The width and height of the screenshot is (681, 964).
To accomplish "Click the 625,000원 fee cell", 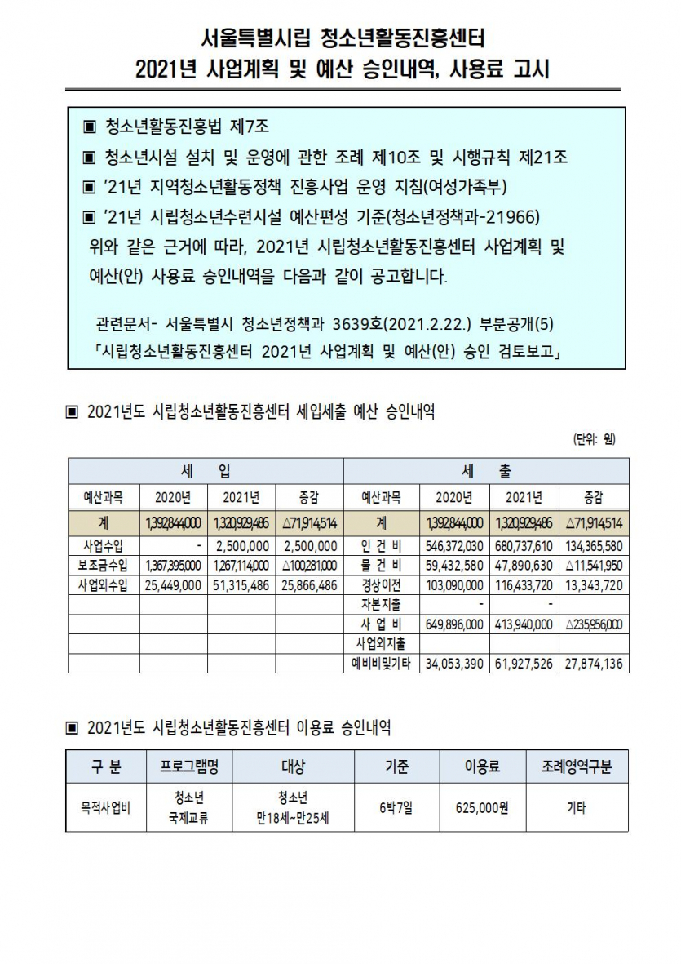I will pyautogui.click(x=481, y=808).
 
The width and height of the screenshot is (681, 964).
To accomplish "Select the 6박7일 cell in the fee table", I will pyautogui.click(x=396, y=808).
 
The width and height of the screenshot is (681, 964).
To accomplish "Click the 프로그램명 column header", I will pyautogui.click(x=188, y=766).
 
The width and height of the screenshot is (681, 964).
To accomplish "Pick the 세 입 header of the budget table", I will pyautogui.click(x=206, y=471).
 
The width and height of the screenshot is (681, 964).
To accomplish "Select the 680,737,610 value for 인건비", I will pyautogui.click(x=524, y=545).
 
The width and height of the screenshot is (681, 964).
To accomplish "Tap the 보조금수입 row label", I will pyautogui.click(x=104, y=565).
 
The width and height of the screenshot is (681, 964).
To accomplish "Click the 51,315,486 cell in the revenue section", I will pyautogui.click(x=241, y=584).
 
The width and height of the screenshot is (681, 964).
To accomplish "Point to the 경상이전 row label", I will pyautogui.click(x=381, y=584).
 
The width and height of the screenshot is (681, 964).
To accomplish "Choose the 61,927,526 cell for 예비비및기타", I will pyautogui.click(x=524, y=664).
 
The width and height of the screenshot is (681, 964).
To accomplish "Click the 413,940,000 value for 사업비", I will pyautogui.click(x=524, y=624).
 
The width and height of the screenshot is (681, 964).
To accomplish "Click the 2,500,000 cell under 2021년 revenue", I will pyautogui.click(x=242, y=545).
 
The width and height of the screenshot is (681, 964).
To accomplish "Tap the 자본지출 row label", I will pyautogui.click(x=381, y=605).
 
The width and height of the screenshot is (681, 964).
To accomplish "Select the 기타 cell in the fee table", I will pyautogui.click(x=576, y=808).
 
